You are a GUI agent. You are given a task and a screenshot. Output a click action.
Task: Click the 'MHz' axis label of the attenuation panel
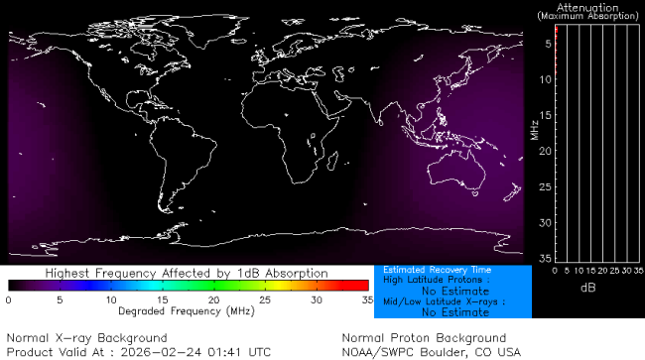click(534, 130)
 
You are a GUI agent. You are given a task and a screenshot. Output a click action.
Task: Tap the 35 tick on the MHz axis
click(545, 257)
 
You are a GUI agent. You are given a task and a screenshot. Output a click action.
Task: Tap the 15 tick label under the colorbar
click(161, 300)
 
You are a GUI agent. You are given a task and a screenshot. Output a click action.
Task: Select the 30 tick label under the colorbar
click(316, 300)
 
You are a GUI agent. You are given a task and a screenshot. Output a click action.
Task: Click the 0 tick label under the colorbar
click(8, 300)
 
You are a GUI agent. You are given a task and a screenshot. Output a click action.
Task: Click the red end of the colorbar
click(363, 286)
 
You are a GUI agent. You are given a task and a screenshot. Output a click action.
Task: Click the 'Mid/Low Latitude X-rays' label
click(445, 301)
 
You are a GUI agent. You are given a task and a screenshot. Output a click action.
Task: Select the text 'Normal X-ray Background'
click(86, 338)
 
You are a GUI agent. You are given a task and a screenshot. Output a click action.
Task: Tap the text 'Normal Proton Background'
click(424, 338)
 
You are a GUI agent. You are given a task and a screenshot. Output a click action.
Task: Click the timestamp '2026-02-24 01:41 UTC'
click(205, 351)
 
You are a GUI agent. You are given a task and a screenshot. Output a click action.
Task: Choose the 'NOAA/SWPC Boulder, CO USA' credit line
click(431, 351)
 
